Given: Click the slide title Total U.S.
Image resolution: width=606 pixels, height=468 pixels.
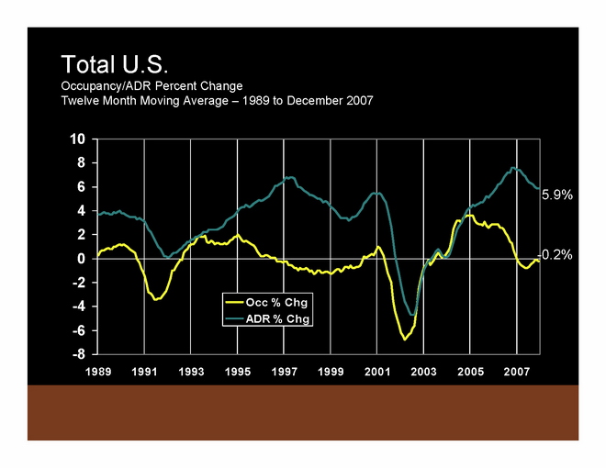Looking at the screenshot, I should [114, 65].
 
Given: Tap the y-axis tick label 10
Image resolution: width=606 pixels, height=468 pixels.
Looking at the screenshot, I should [78, 139].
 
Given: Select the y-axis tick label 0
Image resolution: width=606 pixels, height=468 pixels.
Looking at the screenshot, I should [82, 259].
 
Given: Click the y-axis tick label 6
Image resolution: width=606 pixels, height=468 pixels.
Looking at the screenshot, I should [82, 187].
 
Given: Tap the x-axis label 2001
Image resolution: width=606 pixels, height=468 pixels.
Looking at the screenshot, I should [376, 373].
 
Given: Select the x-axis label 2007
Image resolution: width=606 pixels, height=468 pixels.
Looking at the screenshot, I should [516, 373].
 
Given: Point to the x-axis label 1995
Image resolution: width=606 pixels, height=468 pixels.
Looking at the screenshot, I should [237, 373].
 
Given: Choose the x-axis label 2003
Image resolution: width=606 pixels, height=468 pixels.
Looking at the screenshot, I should [422, 373].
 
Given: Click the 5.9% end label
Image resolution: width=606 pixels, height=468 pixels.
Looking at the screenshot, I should [556, 195].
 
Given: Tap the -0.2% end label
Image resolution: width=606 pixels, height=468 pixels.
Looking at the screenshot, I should [555, 254].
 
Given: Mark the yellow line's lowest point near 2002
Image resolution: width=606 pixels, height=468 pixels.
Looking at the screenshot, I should [404, 340].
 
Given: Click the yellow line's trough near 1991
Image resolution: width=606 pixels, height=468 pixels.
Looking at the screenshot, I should [158, 299].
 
